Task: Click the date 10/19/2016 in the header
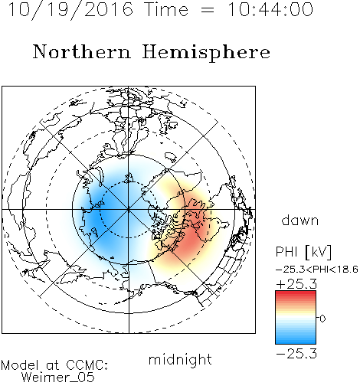point(70,10)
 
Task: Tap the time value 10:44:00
point(270,9)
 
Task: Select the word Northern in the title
point(82,51)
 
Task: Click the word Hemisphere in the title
point(206,53)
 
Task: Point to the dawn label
point(300,220)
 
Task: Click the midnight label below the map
point(180,361)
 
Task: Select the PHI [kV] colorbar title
point(303,252)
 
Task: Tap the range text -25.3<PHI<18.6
point(317,270)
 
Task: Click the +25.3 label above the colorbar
point(296,284)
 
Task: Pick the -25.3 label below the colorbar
point(296,354)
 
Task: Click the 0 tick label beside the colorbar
point(322,319)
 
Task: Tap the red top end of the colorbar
point(296,294)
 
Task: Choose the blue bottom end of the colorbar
point(296,341)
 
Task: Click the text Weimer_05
point(58,378)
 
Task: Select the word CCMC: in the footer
point(87,365)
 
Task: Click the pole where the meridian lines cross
point(129,210)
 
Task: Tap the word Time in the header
point(166,9)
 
